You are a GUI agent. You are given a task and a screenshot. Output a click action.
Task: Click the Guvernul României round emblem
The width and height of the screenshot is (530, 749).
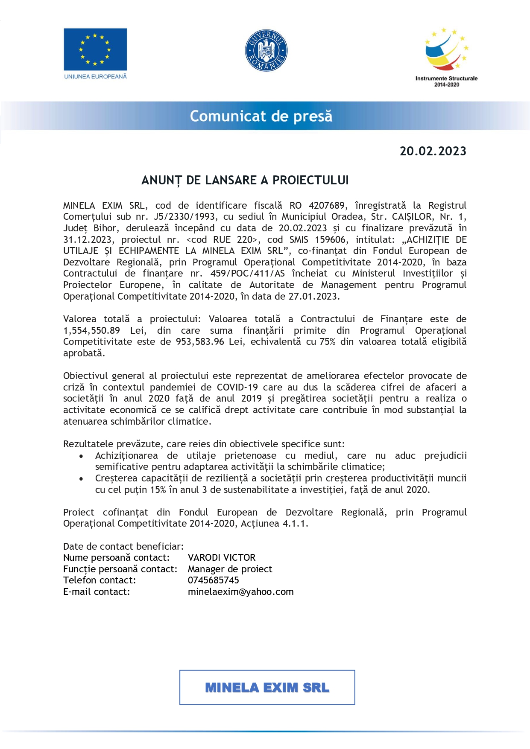[266, 50]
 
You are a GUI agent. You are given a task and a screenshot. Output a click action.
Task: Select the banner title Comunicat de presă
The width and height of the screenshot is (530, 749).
[261, 116]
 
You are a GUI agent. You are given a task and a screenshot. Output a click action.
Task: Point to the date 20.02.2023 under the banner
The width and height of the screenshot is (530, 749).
[433, 152]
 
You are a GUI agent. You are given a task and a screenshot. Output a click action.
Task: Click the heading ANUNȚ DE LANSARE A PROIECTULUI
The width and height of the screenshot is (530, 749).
[245, 181]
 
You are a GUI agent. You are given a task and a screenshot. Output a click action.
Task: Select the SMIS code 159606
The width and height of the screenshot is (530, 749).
[330, 240]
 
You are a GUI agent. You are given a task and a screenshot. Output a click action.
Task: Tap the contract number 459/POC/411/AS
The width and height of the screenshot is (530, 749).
[247, 274]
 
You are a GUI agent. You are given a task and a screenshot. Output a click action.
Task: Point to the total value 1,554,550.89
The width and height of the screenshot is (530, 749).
[91, 331]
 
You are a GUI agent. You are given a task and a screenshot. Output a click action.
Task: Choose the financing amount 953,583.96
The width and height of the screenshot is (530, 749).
[200, 342]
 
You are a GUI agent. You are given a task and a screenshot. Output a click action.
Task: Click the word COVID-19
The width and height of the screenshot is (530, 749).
[237, 388]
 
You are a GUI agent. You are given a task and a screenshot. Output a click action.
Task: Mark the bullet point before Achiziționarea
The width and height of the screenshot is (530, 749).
[81, 456]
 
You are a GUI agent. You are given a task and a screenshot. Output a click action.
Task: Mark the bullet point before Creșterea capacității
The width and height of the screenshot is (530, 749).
[81, 479]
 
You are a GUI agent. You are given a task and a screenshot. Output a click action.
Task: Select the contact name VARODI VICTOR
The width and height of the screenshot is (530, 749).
[222, 558]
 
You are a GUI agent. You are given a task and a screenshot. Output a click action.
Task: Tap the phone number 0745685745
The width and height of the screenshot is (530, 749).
[214, 580]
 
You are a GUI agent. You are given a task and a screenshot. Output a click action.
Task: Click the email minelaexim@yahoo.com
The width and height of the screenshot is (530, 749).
[240, 592]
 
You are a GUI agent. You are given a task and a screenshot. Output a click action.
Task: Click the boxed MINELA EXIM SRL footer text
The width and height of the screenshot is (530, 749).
[267, 688]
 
